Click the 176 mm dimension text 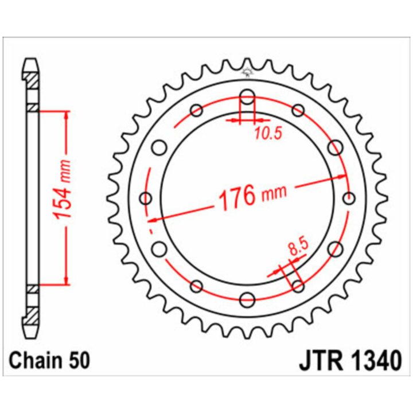[x=252, y=196]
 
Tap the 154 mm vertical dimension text [x=63, y=189]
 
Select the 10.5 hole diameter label [x=268, y=134]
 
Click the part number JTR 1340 [x=350, y=360]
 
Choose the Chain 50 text [x=49, y=360]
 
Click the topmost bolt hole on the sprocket [x=247, y=97]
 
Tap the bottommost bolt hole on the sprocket [x=247, y=299]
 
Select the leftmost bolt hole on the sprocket [x=145, y=198]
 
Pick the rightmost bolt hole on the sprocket [x=349, y=198]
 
